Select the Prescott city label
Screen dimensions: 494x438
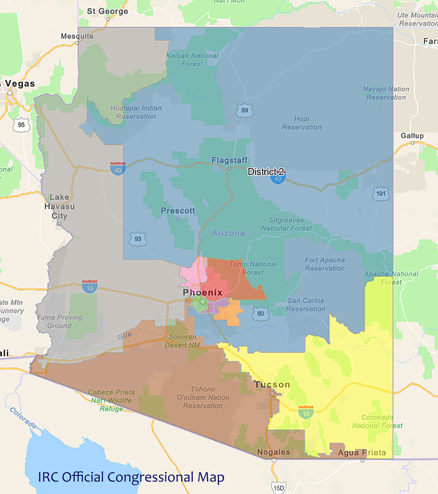click(x=178, y=211)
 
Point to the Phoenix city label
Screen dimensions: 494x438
click(x=203, y=293)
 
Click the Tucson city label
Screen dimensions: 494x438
click(x=272, y=385)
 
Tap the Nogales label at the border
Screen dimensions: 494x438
click(x=273, y=452)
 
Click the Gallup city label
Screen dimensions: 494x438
click(x=412, y=136)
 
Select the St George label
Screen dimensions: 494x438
click(x=107, y=11)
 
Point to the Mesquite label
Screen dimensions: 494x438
click(x=77, y=36)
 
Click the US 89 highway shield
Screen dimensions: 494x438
click(x=244, y=110)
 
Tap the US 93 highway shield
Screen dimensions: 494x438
click(x=138, y=239)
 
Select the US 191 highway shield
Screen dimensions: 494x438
click(x=381, y=194)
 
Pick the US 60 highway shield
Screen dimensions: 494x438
click(x=261, y=314)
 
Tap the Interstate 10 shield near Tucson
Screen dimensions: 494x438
click(x=305, y=412)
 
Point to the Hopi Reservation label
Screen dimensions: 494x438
click(x=301, y=123)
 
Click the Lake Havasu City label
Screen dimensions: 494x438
click(x=59, y=206)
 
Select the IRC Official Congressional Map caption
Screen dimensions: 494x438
click(x=131, y=476)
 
